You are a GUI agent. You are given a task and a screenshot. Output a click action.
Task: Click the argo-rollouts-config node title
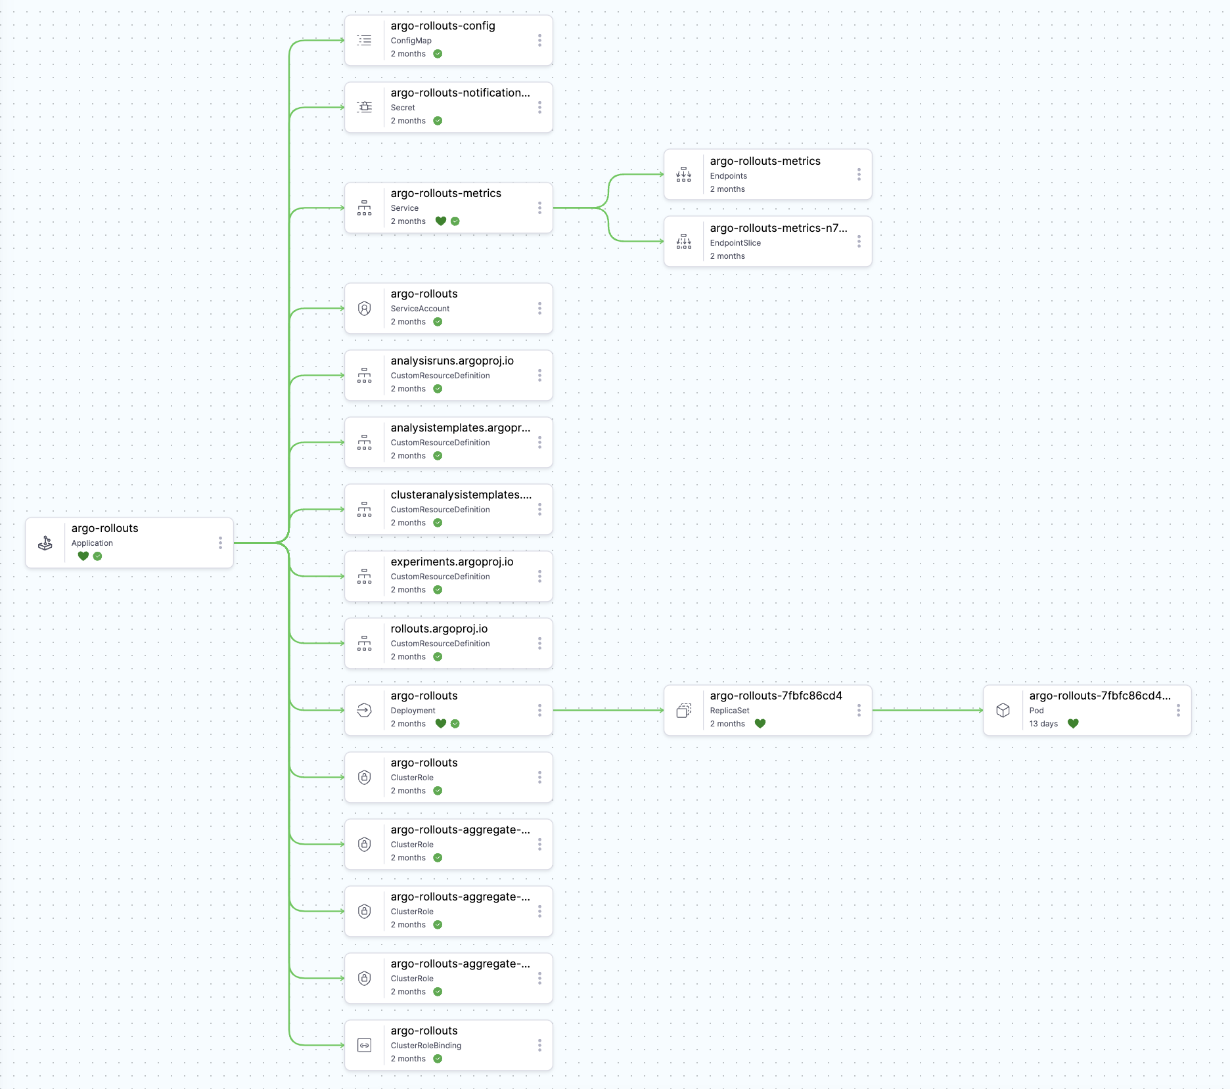443,26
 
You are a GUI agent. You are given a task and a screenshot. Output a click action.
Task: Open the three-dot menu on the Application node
220,543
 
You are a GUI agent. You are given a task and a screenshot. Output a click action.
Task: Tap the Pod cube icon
1003,710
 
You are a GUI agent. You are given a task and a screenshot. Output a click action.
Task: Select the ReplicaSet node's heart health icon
760,724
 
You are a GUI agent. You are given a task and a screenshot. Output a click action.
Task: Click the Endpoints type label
728,176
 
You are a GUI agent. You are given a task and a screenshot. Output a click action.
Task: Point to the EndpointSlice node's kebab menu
859,242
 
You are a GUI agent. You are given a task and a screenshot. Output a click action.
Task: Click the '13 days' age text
1043,724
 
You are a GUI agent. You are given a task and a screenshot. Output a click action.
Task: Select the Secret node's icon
365,107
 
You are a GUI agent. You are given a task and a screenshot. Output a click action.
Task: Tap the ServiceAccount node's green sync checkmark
438,322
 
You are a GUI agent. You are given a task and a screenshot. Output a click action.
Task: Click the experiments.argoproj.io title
452,562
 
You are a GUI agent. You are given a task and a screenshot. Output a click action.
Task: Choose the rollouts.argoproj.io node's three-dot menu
539,643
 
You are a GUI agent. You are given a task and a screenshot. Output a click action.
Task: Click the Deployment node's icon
365,710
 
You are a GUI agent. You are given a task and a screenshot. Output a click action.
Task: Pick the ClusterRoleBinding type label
426,1046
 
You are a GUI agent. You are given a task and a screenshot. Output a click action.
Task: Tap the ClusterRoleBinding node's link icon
365,1045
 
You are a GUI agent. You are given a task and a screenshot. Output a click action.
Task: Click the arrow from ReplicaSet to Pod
927,710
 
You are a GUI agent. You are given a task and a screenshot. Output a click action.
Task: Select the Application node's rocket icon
45,543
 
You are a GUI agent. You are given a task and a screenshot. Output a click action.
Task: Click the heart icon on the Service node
441,221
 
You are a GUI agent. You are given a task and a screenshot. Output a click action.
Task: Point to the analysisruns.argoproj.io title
452,361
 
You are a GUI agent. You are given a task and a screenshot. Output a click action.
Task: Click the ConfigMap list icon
365,40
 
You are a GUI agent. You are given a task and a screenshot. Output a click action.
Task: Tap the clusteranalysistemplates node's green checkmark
438,523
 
